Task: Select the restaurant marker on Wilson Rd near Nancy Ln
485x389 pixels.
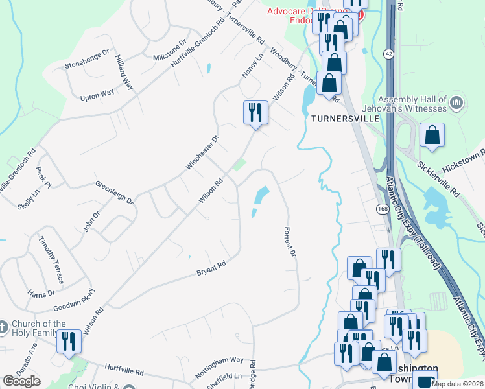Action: point(255,113)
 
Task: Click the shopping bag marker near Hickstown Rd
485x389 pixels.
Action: point(432,136)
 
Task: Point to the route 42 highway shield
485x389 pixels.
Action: point(387,53)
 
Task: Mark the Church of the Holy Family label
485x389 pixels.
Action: point(41,329)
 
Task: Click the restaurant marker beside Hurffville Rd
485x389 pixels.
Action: point(69,342)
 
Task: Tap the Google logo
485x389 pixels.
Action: point(21,381)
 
